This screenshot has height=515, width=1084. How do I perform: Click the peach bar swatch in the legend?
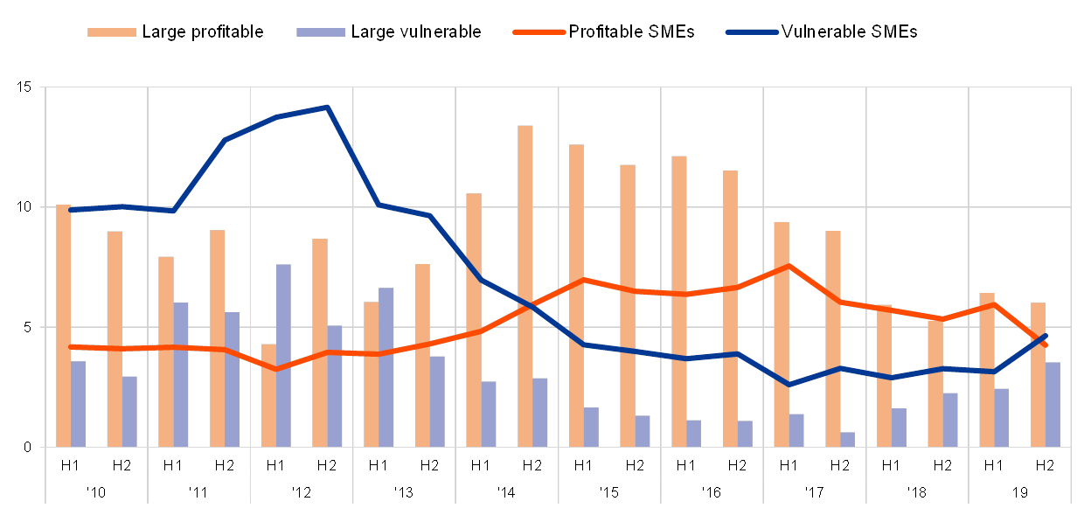pos(112,32)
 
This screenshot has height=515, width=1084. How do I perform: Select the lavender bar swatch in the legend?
pos(321,32)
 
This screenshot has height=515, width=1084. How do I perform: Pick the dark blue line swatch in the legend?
pos(751,32)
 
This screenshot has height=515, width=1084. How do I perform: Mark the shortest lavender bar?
pos(847,439)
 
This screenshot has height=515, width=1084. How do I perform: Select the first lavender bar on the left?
pos(78,403)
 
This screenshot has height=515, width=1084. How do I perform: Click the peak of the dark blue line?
pos(327,108)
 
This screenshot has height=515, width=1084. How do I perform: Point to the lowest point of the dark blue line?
pos(789,385)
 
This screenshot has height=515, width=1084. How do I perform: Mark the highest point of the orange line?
pos(789,265)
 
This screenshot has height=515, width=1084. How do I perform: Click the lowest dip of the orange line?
pos(276,370)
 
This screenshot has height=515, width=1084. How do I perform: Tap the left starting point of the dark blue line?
pos(70,210)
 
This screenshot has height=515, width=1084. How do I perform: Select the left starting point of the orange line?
pos(70,346)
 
